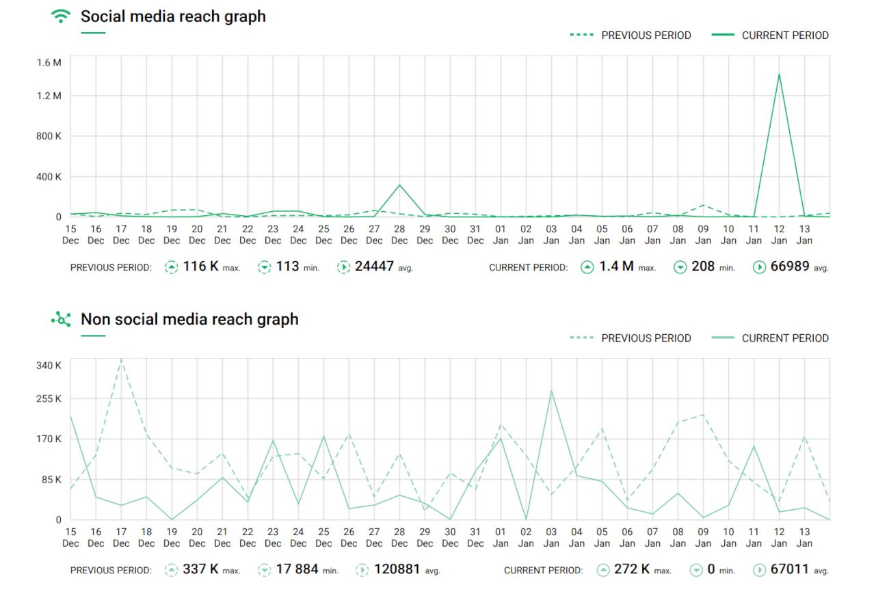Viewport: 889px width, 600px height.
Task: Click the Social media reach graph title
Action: [x=173, y=16]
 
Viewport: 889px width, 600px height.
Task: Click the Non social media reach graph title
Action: [x=189, y=319]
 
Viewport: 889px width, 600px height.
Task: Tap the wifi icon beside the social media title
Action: [x=62, y=16]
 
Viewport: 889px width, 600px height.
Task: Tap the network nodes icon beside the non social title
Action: [x=62, y=319]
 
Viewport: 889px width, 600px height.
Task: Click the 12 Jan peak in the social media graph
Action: [x=779, y=74]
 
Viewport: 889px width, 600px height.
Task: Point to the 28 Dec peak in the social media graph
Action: [x=399, y=185]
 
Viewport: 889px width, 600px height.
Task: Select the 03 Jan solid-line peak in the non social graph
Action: [x=551, y=391]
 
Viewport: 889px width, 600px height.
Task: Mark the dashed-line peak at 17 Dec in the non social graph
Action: [x=121, y=359]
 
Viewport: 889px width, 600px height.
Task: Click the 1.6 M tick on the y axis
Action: [x=49, y=63]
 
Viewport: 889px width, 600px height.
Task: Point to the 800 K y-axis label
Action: [x=49, y=136]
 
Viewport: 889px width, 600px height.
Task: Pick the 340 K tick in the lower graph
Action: [x=49, y=366]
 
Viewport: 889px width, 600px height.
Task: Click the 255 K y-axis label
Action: [x=49, y=399]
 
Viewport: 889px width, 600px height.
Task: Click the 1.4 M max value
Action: [x=616, y=267]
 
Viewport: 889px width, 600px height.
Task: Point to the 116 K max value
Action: [x=200, y=267]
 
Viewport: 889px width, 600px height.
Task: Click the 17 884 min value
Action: [x=297, y=569]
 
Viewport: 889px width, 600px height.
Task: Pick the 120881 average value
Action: [x=397, y=569]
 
